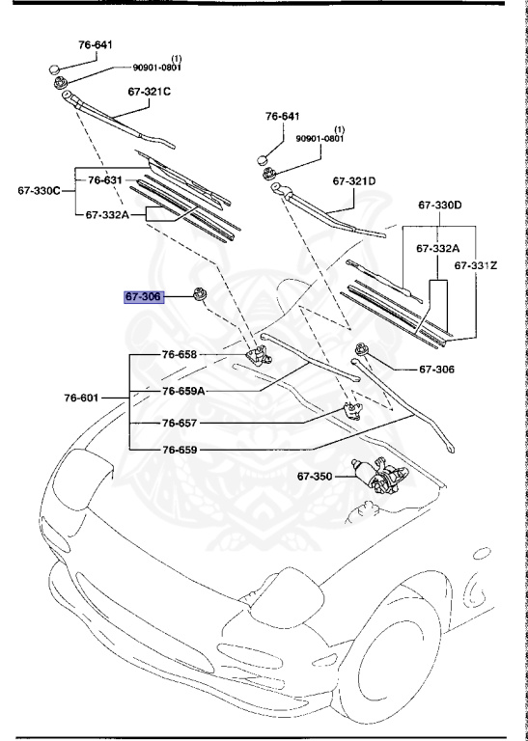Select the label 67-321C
pyautogui.click(x=149, y=93)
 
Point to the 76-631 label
pyautogui.click(x=105, y=179)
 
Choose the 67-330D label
pyautogui.click(x=440, y=205)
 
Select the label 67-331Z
pyautogui.click(x=478, y=263)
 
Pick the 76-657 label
pyautogui.click(x=181, y=423)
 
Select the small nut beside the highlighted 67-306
pyautogui.click(x=201, y=293)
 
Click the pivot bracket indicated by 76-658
pyautogui.click(x=259, y=357)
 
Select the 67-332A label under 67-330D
pyautogui.click(x=439, y=248)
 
